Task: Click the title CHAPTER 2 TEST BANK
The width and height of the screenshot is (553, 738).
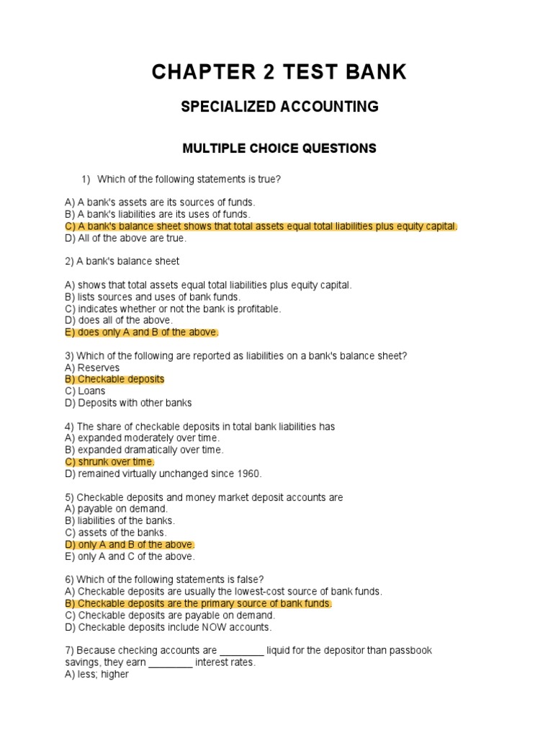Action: (x=279, y=72)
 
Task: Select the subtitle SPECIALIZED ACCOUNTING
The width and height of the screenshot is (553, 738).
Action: (x=279, y=107)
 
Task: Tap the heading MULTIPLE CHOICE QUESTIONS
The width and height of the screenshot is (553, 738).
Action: (x=279, y=148)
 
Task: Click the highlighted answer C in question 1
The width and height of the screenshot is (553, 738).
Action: (x=261, y=226)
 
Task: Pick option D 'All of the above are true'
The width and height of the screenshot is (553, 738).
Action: (x=125, y=238)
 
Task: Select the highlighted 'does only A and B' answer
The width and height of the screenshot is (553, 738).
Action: (x=141, y=332)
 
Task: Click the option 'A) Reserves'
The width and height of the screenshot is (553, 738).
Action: (x=92, y=368)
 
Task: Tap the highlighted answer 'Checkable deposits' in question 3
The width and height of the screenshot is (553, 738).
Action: (x=114, y=379)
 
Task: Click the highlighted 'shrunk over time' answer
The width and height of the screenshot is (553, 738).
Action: (x=109, y=461)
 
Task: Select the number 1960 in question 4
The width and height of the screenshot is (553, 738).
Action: (x=247, y=474)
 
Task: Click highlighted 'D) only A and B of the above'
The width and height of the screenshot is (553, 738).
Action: (x=130, y=545)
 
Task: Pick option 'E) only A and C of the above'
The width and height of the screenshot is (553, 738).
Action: (x=130, y=556)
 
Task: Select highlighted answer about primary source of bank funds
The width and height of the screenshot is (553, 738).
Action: (x=198, y=603)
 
